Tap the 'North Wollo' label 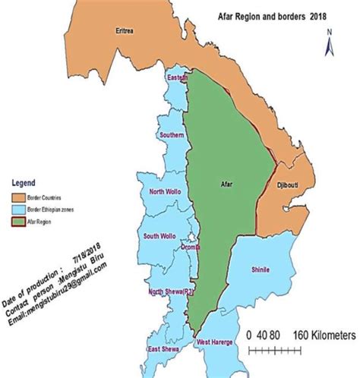(x=167, y=192)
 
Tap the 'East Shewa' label (x=164, y=349)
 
